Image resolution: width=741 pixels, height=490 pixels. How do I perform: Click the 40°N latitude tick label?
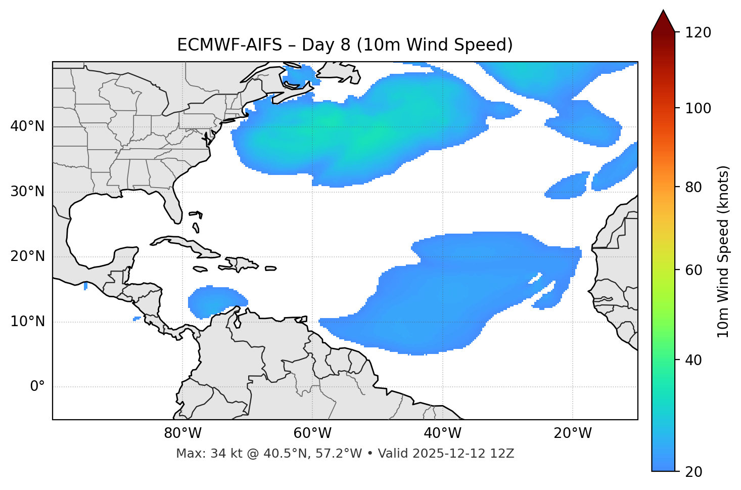coord(27,126)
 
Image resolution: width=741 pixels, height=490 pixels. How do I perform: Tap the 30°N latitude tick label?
coord(27,192)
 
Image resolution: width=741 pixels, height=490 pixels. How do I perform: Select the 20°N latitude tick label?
coord(27,256)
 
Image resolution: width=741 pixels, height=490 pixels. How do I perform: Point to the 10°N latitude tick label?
coord(27,322)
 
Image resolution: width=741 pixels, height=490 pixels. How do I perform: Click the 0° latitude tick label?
coord(37,387)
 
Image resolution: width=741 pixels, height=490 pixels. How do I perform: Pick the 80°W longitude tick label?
coord(182,433)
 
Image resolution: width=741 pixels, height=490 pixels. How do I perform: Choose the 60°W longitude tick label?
coord(312,433)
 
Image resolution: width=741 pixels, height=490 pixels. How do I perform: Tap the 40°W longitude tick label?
coord(442,433)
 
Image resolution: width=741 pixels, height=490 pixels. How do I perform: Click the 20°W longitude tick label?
coord(573,433)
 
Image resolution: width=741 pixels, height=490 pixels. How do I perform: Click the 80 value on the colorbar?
coord(696,187)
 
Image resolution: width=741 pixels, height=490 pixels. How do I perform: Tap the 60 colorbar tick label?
coord(696,270)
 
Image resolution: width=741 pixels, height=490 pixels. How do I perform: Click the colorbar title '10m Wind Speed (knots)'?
coord(723,251)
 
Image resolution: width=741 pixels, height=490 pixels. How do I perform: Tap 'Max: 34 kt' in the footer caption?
coord(201,454)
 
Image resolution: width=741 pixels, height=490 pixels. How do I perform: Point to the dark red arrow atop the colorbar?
coord(663,21)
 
